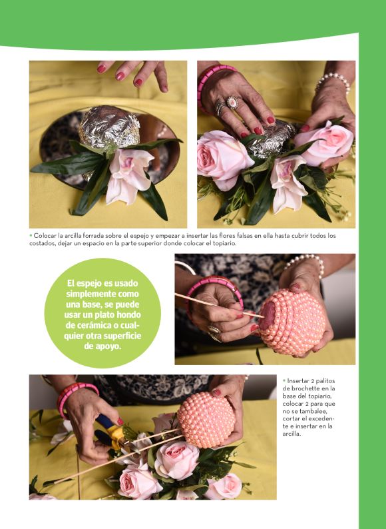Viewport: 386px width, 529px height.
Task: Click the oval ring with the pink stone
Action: coord(233,102)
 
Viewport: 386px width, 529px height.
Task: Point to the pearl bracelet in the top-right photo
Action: coord(333,82)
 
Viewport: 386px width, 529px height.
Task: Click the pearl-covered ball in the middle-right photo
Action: coord(292,322)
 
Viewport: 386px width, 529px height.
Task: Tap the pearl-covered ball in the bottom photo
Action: coord(206,420)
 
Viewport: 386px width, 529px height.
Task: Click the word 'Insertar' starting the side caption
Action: coord(297,381)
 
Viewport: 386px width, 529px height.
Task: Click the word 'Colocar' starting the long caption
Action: coord(45,235)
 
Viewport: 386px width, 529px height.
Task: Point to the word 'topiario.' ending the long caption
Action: coord(224,243)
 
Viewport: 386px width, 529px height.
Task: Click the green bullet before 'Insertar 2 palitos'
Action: coord(284,381)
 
